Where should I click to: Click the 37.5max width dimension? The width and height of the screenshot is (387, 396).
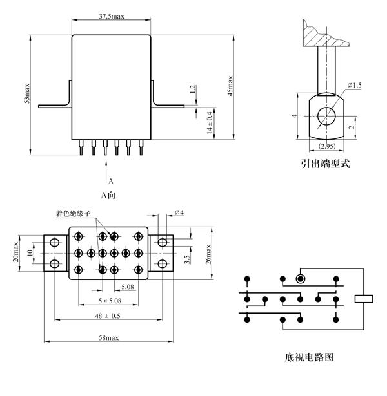pos(112,15)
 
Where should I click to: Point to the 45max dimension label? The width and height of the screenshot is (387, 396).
pos(230,86)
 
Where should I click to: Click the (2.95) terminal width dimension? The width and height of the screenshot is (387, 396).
pos(326,146)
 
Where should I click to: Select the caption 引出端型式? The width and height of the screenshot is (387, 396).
pos(326,164)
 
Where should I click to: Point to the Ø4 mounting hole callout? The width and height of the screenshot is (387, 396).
pos(180,213)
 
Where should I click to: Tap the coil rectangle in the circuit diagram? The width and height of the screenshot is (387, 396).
pos(364,297)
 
